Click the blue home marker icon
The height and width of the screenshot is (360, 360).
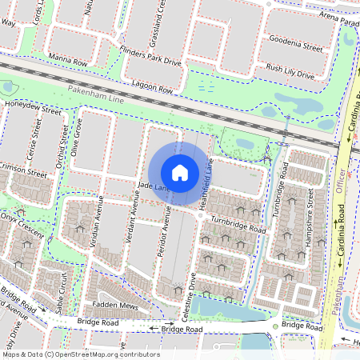click(x=180, y=172)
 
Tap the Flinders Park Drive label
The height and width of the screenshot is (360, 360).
click(x=151, y=59)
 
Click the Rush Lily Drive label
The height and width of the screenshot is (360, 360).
click(x=290, y=72)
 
